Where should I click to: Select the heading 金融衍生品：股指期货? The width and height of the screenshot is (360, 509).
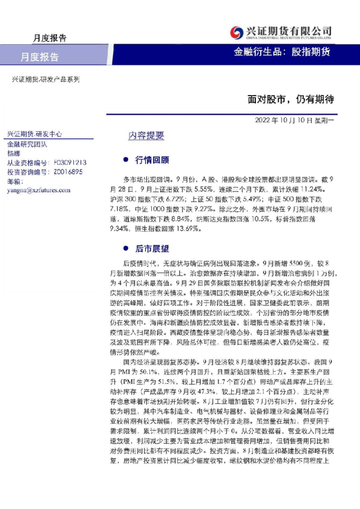[x=282, y=52]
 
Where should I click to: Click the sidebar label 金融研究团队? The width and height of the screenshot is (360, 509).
[x=27, y=144]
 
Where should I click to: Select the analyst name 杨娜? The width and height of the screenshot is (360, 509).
[x=13, y=154]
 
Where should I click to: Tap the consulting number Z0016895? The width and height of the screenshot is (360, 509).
[x=70, y=172]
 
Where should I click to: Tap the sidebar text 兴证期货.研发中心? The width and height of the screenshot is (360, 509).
[x=34, y=134]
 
